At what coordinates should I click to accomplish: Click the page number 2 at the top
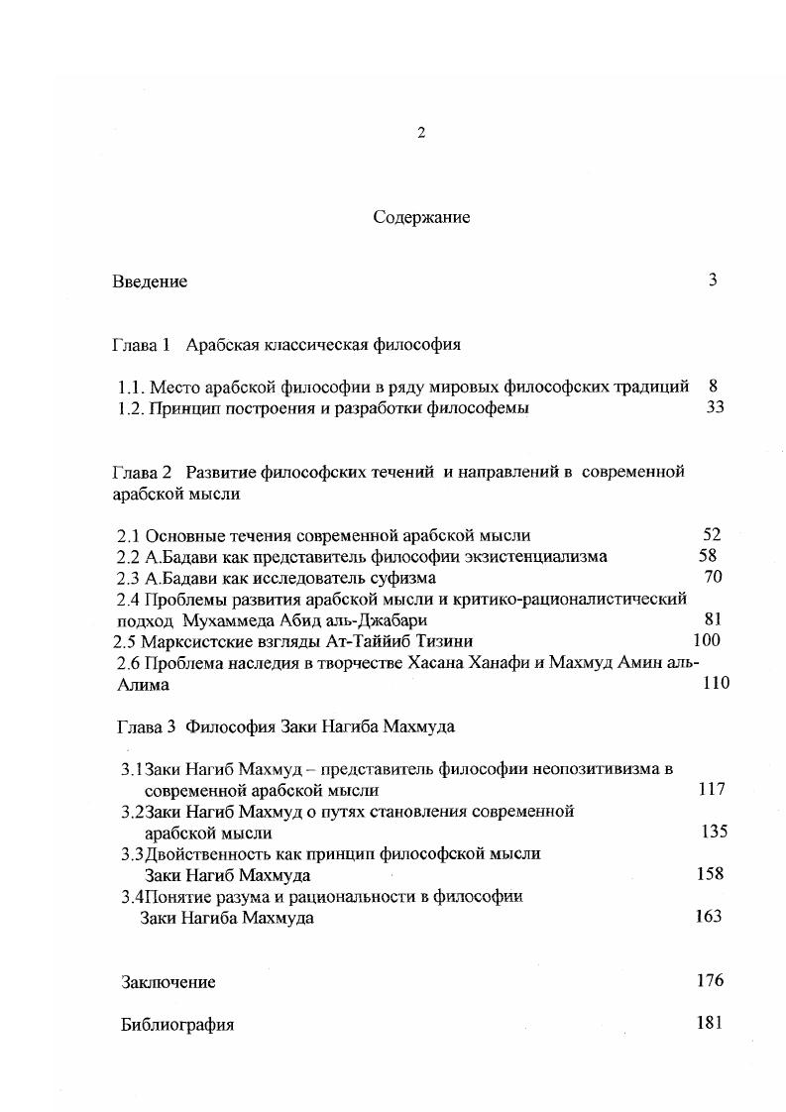click(421, 133)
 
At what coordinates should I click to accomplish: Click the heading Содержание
click(421, 217)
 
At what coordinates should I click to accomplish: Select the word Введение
click(149, 281)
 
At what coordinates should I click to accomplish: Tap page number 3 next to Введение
click(712, 279)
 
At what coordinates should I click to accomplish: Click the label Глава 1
click(142, 345)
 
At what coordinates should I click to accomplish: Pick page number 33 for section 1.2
click(715, 407)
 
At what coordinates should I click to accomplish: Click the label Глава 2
click(142, 472)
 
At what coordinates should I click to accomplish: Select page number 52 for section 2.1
click(711, 534)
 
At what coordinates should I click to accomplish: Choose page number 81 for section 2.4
click(711, 619)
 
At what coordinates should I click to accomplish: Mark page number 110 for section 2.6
click(715, 683)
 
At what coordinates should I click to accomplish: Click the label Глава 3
click(144, 725)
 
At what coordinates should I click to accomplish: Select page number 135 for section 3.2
click(714, 832)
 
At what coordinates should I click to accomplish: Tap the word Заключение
click(168, 982)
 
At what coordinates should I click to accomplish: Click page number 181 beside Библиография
click(710, 1023)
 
